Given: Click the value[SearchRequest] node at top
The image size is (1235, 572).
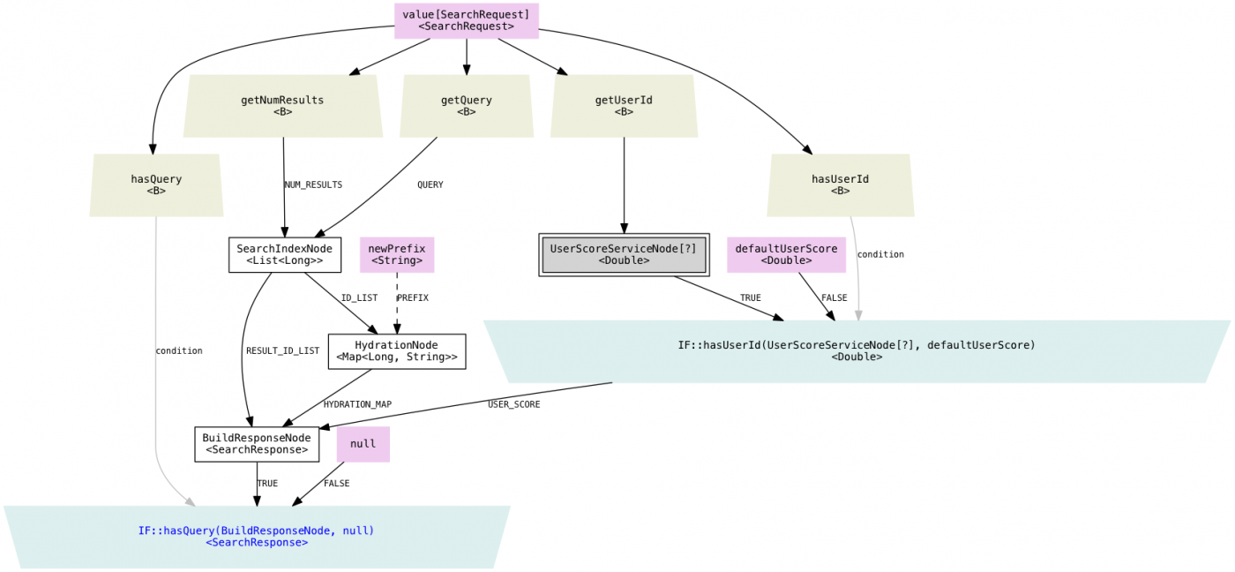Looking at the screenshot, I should click(466, 20).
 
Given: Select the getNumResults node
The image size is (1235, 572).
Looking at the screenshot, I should click(282, 106).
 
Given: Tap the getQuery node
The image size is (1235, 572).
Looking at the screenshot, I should click(467, 106).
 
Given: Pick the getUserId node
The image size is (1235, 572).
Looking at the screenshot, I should click(624, 106).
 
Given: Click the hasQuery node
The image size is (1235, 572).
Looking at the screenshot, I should click(156, 184).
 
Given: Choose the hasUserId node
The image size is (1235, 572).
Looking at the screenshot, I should click(840, 184).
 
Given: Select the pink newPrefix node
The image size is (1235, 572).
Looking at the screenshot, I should click(397, 254).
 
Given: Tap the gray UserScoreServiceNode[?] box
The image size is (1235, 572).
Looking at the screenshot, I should click(624, 254).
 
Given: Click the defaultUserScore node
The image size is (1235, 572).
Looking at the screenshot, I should click(786, 254).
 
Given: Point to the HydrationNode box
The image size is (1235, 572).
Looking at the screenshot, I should click(397, 351).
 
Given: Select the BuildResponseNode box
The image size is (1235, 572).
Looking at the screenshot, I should click(257, 444).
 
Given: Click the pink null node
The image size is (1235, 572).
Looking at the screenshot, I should click(363, 444).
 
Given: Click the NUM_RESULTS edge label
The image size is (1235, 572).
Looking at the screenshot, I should click(313, 185).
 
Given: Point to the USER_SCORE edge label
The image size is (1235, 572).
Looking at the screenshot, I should click(513, 404).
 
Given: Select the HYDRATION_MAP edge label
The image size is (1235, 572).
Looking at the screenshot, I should click(357, 404).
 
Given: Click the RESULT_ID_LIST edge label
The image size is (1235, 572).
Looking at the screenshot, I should click(282, 351).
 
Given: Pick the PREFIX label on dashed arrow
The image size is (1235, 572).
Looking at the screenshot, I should click(413, 298).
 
